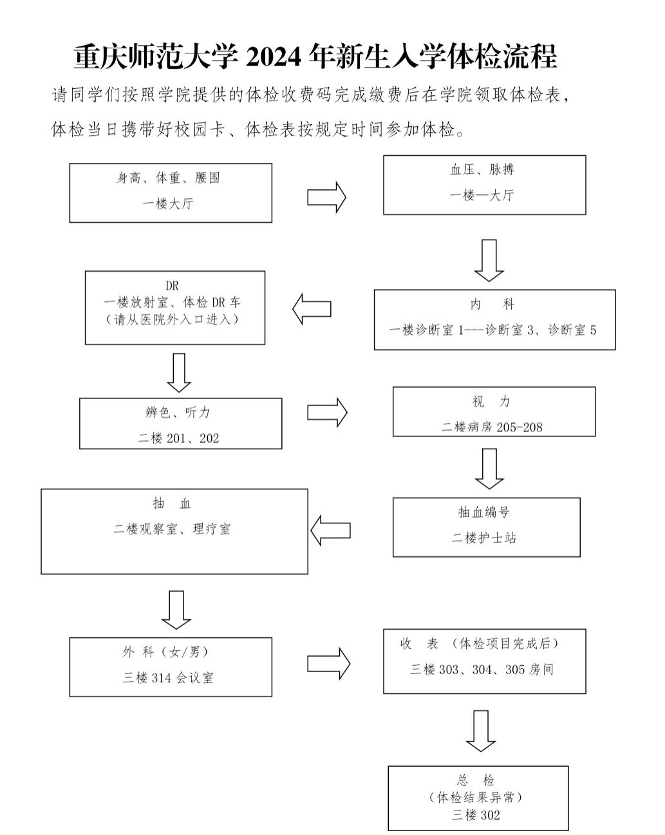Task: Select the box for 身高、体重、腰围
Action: pos(171,192)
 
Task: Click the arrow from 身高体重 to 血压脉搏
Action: pos(326,197)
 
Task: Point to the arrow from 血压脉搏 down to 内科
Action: pos(489,260)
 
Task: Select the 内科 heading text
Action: pos(492,305)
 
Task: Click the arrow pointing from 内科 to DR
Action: pos(312,309)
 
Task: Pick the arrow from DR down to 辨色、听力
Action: pos(179,372)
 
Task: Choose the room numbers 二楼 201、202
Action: pos(178,438)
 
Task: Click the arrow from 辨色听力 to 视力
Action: pos(327,412)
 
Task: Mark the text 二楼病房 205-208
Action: pos(492,427)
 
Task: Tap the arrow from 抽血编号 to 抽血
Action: pos(330,530)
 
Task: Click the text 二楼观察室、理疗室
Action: pos(172,529)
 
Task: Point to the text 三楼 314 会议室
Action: pos(168,678)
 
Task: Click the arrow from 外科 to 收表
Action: pos(328,663)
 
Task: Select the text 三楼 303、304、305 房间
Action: pos(482,670)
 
